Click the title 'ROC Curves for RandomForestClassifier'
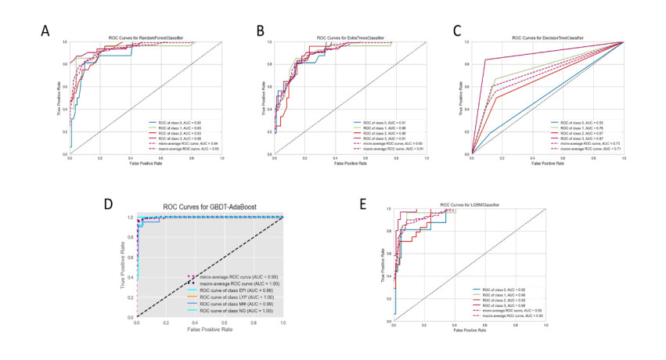(x=146, y=38)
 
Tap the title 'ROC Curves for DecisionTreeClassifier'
(x=548, y=38)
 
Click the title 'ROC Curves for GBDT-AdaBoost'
(x=210, y=207)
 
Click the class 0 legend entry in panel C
(x=575, y=123)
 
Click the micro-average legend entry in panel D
(x=235, y=276)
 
